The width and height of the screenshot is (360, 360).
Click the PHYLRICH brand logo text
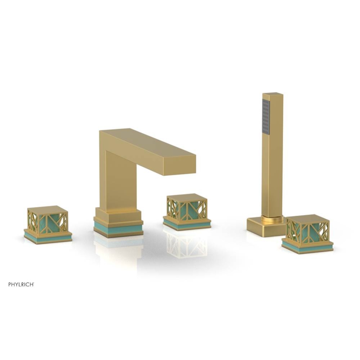pos(21,284)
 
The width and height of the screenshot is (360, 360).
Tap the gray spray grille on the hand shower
pos(266,117)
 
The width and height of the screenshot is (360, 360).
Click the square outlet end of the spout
pos(179,166)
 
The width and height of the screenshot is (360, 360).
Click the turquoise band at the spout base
pos(118,228)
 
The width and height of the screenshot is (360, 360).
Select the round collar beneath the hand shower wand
pos(272,219)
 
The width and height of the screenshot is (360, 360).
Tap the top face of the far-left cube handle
pos(48,210)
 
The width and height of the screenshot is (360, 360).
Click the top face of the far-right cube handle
pos(307,219)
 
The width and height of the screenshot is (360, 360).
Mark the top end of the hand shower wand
pos(273,95)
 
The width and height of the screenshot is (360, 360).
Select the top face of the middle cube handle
pos(187,197)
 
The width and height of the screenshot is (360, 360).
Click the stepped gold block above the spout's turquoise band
pos(118,216)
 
